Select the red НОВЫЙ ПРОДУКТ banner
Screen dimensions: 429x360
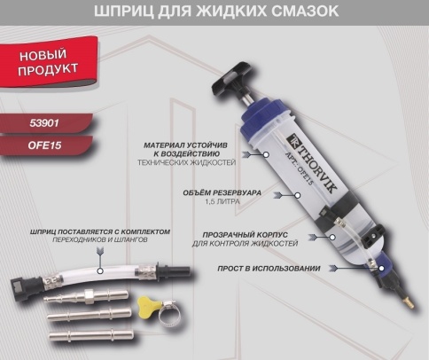coord(49,62)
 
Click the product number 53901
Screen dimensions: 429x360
coord(44,123)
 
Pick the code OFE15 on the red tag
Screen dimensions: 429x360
coord(44,145)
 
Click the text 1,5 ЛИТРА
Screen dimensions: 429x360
coord(222,202)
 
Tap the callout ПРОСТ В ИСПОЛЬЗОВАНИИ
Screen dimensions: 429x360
coord(269,269)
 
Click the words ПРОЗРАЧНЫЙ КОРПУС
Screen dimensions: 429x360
coord(245,235)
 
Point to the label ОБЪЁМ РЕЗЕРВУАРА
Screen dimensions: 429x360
coord(222,193)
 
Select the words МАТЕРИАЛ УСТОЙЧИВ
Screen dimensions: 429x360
coord(185,145)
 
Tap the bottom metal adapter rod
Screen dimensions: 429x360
coord(91,335)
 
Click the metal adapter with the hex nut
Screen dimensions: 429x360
coord(86,295)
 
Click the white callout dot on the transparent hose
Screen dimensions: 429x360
coord(100,270)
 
